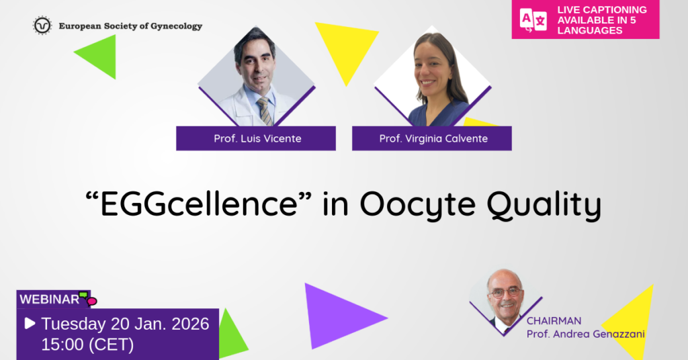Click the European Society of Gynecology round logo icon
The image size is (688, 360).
pos(42,26)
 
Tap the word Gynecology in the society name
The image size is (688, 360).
pos(177,26)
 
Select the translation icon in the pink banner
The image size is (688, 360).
pos(533,20)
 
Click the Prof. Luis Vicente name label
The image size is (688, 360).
pos(256,138)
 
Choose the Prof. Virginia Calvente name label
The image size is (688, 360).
pos(432,138)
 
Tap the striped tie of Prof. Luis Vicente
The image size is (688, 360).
pos(265,111)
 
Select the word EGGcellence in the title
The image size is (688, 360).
pos(198,204)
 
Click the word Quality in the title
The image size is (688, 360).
pos(544,205)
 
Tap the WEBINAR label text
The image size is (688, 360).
pos(49,300)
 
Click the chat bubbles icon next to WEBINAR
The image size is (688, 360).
pos(88,298)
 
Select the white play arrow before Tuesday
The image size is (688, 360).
pos(30,324)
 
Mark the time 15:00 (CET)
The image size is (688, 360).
pos(87,345)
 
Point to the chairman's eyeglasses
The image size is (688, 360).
pos(505,293)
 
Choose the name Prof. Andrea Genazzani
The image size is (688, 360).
pos(585,334)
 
